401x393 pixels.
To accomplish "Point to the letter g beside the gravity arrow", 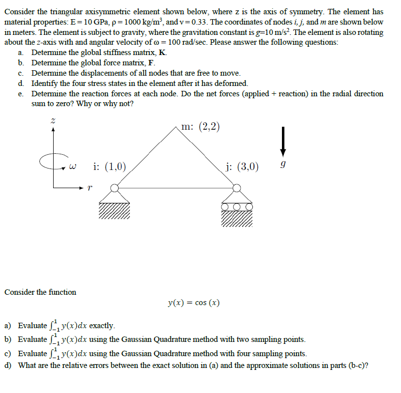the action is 282,167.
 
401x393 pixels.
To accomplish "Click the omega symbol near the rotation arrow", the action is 73,167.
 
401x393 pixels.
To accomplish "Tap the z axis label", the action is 53,121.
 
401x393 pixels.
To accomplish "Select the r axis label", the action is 89,187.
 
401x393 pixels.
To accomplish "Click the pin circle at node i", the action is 115,187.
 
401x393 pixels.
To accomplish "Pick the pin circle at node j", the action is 237,187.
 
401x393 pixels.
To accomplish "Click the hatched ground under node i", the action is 115,210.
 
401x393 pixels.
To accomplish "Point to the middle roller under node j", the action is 237,207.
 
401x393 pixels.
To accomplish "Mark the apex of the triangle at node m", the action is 176,127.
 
